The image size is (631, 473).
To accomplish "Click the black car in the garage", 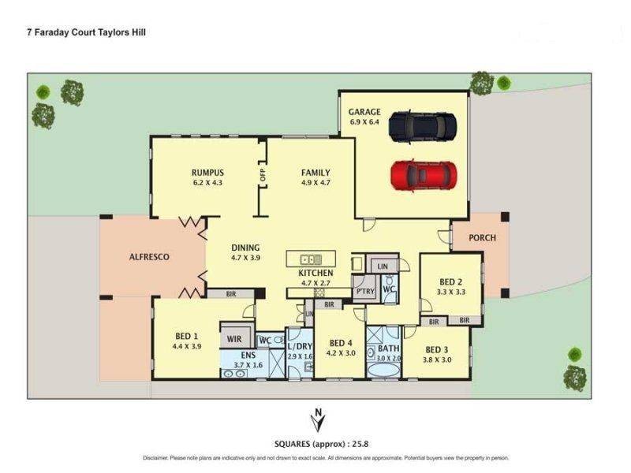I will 422,126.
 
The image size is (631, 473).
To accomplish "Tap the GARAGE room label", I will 364,112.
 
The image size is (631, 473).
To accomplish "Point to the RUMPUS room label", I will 208,173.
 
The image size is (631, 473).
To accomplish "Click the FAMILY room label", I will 315,173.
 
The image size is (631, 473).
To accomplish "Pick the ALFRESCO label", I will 149,256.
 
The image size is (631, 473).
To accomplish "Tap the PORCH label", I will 482,236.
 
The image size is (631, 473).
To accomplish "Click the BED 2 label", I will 450,281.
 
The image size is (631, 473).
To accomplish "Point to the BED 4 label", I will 341,343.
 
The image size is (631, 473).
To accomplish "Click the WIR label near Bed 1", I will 233,339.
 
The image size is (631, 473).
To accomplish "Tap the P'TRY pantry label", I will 364,290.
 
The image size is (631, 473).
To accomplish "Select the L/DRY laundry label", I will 300,347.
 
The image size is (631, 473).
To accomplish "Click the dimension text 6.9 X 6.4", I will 364,122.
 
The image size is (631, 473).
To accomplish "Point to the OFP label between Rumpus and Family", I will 263,175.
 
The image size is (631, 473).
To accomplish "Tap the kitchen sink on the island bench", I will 311,259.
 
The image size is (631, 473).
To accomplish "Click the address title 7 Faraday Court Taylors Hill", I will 87,33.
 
